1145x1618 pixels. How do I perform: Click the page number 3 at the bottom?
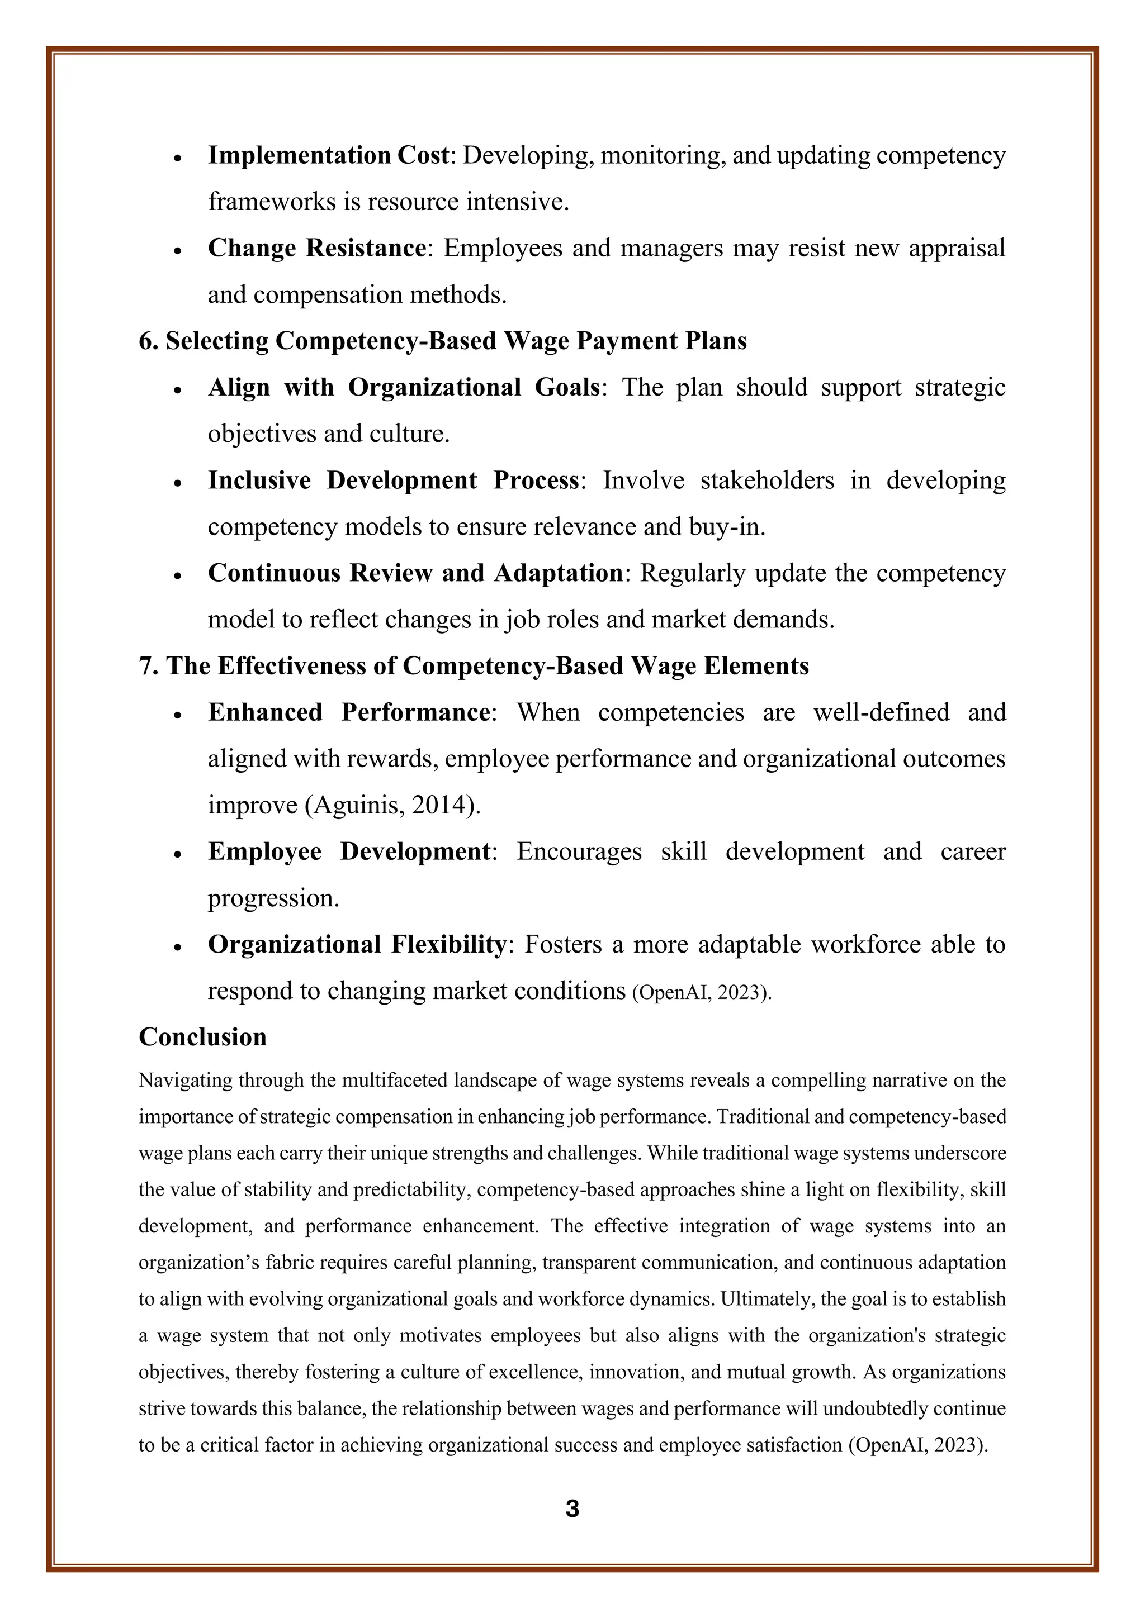(x=572, y=1508)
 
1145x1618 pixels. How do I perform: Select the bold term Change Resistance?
(x=316, y=248)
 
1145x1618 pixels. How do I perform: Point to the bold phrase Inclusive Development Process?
(x=394, y=480)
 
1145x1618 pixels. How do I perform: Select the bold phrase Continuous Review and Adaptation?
(x=415, y=573)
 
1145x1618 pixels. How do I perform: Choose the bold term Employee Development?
(x=348, y=851)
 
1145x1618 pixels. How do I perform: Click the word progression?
(x=273, y=898)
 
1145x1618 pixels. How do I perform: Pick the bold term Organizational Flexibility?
(x=357, y=944)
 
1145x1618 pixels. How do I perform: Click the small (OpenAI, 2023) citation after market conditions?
(x=702, y=992)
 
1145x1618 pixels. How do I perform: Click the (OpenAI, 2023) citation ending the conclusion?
(x=917, y=1445)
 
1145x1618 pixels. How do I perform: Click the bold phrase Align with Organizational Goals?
(x=403, y=388)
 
